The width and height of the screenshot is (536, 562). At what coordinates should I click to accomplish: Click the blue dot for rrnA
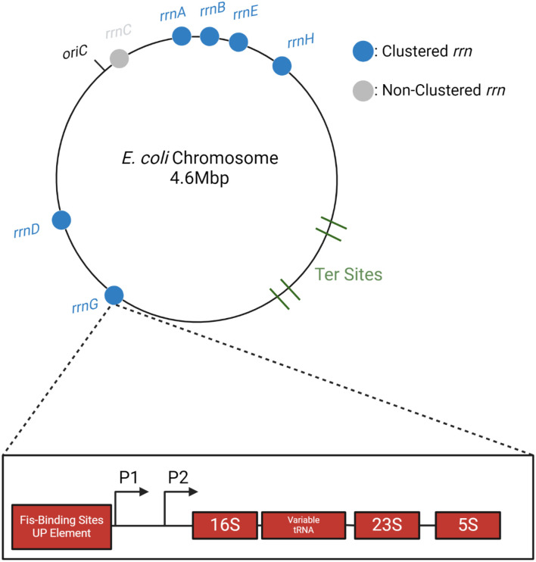[x=182, y=36]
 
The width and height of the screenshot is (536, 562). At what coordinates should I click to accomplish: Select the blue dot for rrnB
[x=209, y=36]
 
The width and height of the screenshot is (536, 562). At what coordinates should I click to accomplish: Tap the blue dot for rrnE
[x=238, y=42]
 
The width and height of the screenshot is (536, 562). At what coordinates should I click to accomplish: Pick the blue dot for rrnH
[x=282, y=66]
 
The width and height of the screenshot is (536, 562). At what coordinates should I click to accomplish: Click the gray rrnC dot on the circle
[x=118, y=58]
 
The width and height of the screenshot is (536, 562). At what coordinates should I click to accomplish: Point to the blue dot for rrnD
[x=61, y=220]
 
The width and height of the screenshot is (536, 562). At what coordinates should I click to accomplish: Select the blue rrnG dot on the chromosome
[x=114, y=295]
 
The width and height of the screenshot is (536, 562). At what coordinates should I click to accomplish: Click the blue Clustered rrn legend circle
[x=363, y=53]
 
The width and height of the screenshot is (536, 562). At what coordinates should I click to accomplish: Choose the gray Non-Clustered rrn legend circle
[x=363, y=90]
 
